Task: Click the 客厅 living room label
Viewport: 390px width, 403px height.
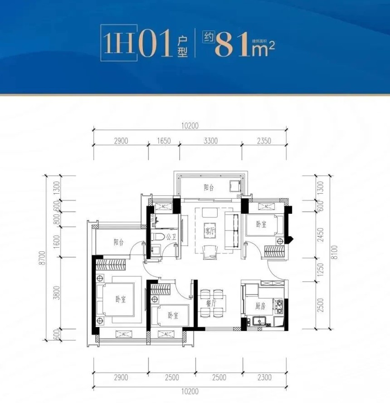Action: click(x=210, y=231)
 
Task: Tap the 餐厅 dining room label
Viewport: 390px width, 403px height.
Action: click(x=211, y=304)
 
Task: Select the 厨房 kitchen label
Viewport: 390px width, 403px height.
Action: click(x=260, y=306)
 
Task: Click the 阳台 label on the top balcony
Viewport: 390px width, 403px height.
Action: click(x=209, y=187)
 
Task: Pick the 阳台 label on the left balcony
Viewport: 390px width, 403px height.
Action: click(x=119, y=242)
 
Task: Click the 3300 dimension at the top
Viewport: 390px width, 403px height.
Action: click(x=210, y=141)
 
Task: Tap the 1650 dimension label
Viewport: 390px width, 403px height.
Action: click(x=164, y=141)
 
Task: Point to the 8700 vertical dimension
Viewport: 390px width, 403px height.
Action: click(x=43, y=258)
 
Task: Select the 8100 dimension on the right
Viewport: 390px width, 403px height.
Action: click(x=334, y=252)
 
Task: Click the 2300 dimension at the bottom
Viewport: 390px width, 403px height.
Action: click(x=264, y=377)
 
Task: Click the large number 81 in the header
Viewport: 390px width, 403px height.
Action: click(x=232, y=44)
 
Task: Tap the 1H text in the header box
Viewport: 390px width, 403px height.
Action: click(x=119, y=43)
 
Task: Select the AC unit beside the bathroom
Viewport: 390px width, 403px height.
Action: click(x=163, y=206)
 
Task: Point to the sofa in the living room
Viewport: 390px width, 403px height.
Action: click(x=232, y=231)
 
